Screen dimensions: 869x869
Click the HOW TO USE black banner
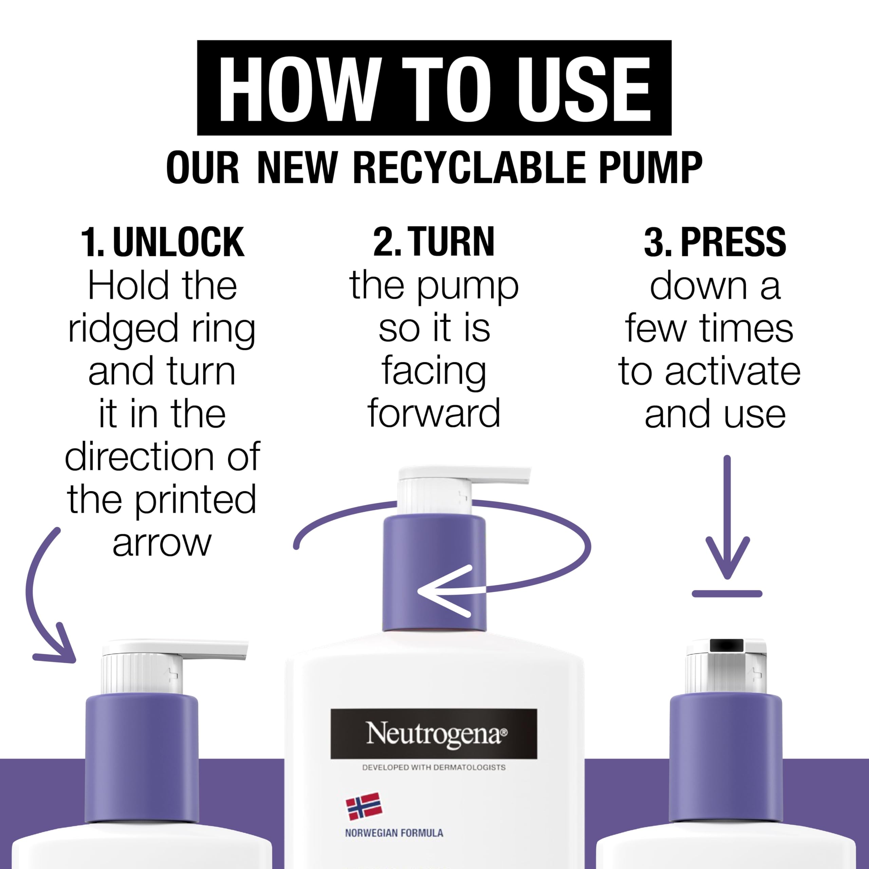click(434, 88)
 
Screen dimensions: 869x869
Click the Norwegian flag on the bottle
click(364, 807)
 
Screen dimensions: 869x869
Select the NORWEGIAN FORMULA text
click(394, 833)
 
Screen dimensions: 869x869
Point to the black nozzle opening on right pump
click(726, 645)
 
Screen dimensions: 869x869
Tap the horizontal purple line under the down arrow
click(727, 594)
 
